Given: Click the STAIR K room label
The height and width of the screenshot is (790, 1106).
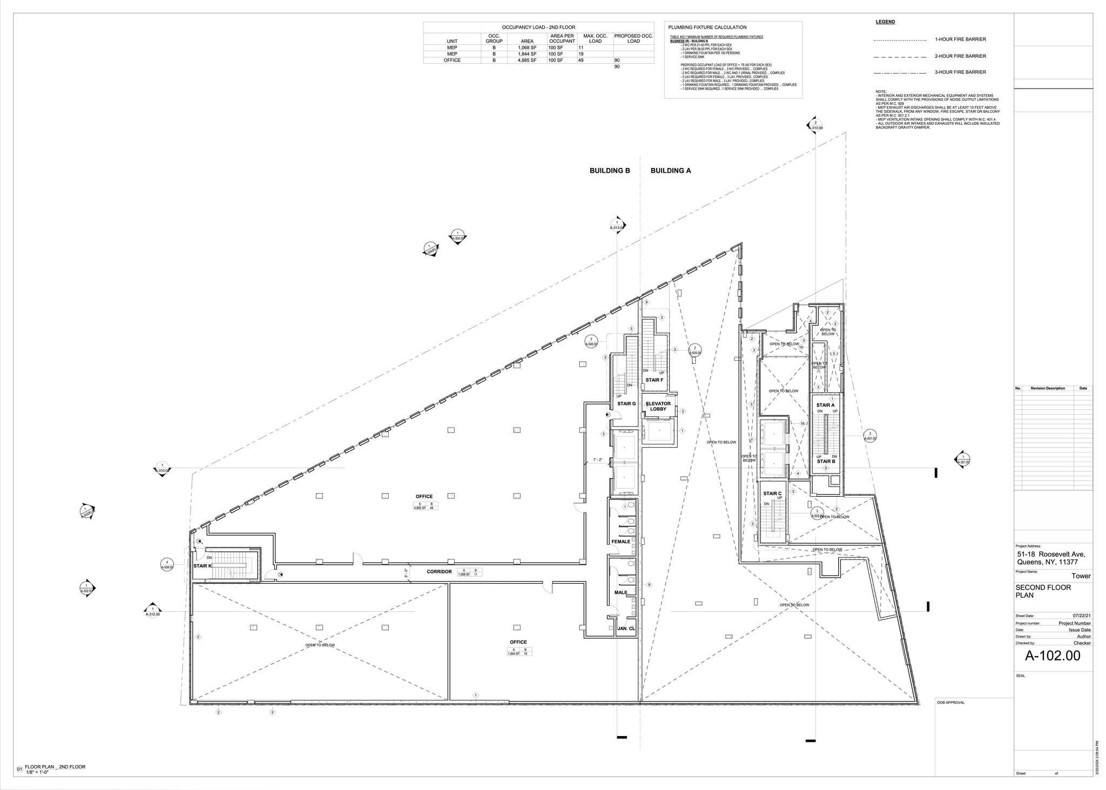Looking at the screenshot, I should [x=203, y=566].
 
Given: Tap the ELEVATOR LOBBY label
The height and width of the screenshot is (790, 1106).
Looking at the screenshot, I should [x=658, y=406].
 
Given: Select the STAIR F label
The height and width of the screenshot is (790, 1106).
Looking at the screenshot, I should [x=654, y=380].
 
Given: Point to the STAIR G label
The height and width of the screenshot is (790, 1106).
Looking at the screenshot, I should [x=626, y=403].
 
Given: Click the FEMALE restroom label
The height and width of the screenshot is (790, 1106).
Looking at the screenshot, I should [x=621, y=542].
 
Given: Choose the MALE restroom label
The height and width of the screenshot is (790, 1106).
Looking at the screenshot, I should [x=621, y=592].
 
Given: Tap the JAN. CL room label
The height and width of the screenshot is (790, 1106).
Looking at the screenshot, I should [x=626, y=629].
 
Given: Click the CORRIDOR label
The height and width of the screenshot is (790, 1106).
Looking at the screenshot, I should [x=439, y=571].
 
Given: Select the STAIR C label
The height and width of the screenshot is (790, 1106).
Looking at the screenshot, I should [x=772, y=494].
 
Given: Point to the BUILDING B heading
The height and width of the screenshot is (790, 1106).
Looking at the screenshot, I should [x=610, y=171].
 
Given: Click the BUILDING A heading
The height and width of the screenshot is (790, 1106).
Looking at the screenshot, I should [x=671, y=171].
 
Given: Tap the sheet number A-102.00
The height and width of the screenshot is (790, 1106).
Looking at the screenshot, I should [x=1053, y=656].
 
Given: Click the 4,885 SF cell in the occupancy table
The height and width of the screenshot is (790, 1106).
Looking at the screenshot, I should [x=527, y=60].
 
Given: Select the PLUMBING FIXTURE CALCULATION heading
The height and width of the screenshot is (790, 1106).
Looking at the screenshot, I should [x=707, y=27].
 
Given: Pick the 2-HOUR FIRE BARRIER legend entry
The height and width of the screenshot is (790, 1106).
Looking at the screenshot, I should [x=961, y=56].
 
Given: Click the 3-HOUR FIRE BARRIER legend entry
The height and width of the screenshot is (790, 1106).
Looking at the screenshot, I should [x=961, y=72].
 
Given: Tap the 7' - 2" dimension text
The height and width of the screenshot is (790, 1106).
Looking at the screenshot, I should [x=597, y=460].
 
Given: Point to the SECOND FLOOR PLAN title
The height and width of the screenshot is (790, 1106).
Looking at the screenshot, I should [x=1043, y=591].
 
